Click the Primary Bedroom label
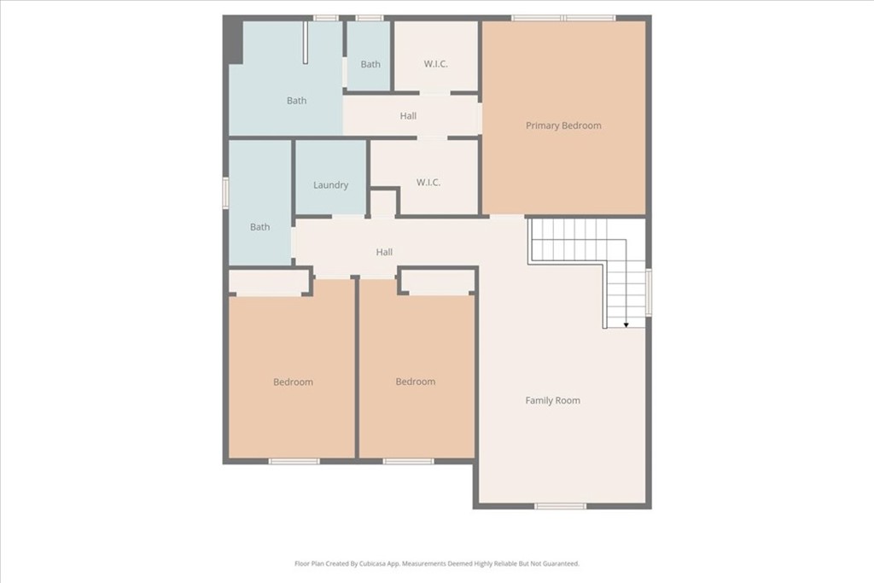pyautogui.click(x=563, y=125)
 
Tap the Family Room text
pyautogui.click(x=552, y=400)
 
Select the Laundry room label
pyautogui.click(x=330, y=185)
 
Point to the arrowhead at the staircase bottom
pyautogui.click(x=626, y=324)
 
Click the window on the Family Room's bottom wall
pyautogui.click(x=560, y=506)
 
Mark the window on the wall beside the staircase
pyautogui.click(x=649, y=292)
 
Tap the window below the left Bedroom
pyautogui.click(x=294, y=461)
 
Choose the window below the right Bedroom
pyautogui.click(x=408, y=461)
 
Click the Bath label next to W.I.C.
pyautogui.click(x=370, y=64)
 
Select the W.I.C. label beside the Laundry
pyautogui.click(x=428, y=182)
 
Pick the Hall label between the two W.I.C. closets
pyautogui.click(x=408, y=116)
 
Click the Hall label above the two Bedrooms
pyautogui.click(x=384, y=253)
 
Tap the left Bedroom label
pyautogui.click(x=293, y=382)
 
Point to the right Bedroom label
pyautogui.click(x=415, y=382)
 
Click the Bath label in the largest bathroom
pyautogui.click(x=296, y=101)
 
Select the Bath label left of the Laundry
pyautogui.click(x=259, y=227)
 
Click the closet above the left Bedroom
pyautogui.click(x=269, y=283)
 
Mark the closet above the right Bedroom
pyautogui.click(x=438, y=283)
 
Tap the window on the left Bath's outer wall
pyautogui.click(x=225, y=191)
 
